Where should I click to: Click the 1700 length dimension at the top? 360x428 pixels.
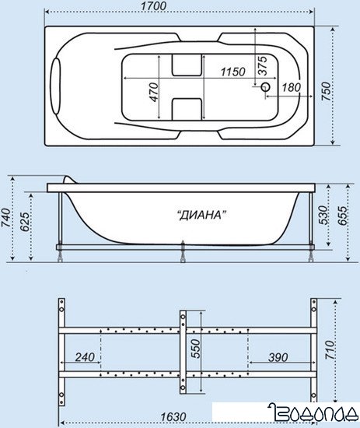coord(153,6)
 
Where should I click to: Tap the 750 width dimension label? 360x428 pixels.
coord(327,91)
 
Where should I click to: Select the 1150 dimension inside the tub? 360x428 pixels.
coord(233,72)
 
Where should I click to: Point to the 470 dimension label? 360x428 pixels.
coord(154,92)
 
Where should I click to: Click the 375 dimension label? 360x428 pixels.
coord(263,66)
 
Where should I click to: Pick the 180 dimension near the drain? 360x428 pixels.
coord(292,88)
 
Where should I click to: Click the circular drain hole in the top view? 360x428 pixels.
coord(265,87)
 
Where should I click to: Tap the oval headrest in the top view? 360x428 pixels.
coord(56,86)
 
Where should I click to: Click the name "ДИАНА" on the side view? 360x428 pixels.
coord(201,216)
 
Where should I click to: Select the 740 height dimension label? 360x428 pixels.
coord(6,218)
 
